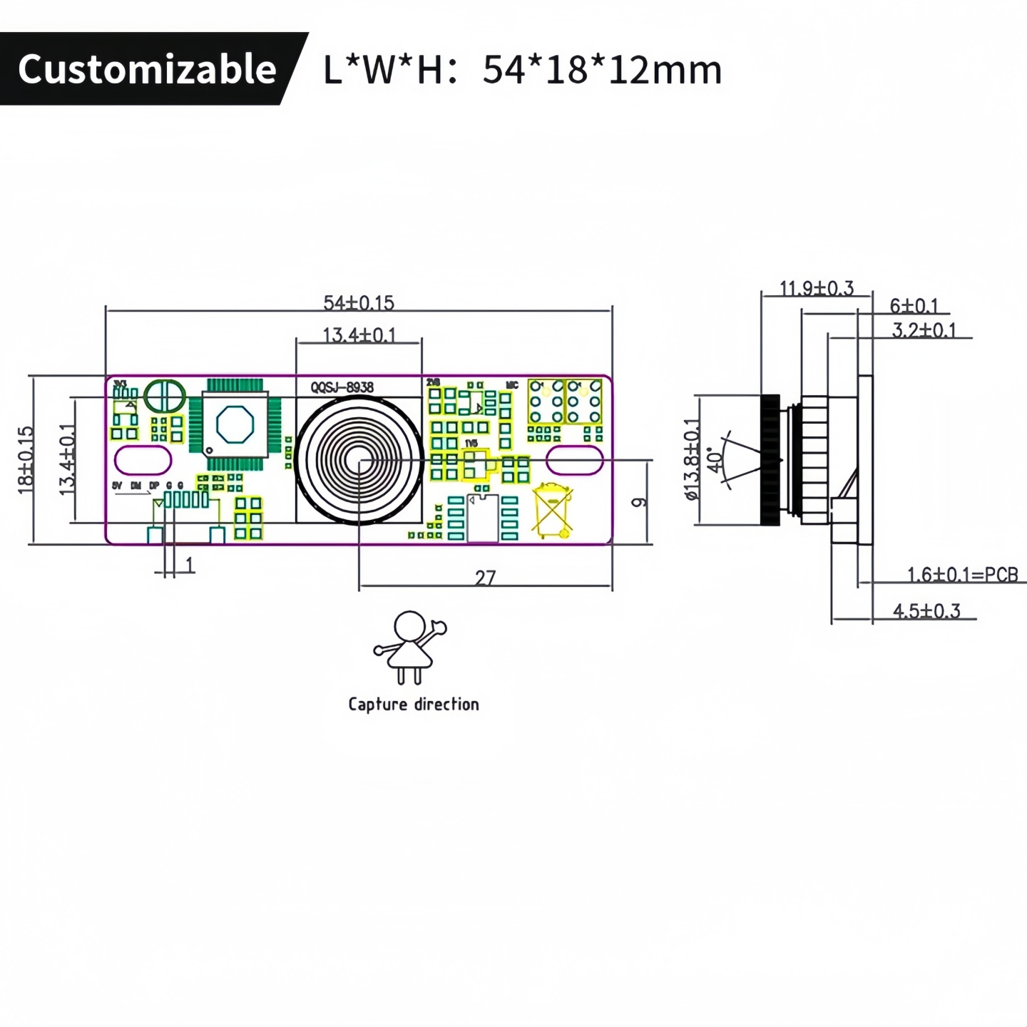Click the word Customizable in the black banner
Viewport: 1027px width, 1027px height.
(147, 69)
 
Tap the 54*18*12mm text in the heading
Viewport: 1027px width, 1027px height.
(602, 70)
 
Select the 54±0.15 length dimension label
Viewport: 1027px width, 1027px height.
(358, 302)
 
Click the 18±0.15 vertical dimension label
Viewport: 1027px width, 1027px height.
(26, 460)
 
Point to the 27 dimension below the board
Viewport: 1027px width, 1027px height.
(485, 577)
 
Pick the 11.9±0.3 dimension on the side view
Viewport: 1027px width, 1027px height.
(816, 288)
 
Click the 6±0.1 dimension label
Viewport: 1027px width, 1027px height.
(914, 306)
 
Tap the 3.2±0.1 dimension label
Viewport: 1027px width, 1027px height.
(924, 330)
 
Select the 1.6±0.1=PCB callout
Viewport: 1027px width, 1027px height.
(962, 574)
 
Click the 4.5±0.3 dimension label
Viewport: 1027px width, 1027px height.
(926, 610)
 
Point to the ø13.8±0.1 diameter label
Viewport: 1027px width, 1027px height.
(692, 459)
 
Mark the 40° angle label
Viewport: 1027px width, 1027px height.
(714, 460)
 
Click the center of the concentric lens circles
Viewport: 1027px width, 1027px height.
(359, 461)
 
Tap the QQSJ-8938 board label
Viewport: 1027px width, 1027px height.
(342, 387)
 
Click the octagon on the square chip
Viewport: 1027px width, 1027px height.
(235, 424)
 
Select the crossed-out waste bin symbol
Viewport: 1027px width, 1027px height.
(553, 509)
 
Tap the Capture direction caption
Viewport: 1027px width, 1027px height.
(414, 704)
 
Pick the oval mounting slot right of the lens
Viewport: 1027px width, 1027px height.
(575, 460)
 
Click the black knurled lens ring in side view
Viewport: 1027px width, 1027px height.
(770, 460)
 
